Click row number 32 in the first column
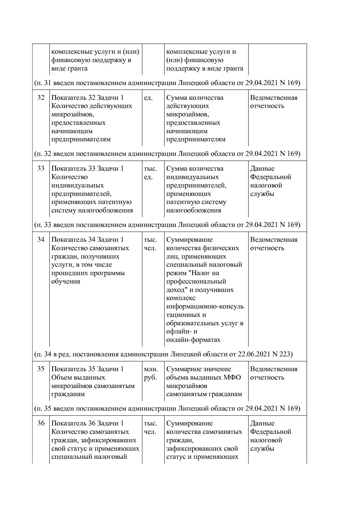coord(41,98)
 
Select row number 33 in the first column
coord(41,169)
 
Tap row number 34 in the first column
coord(41,240)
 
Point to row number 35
coord(41,369)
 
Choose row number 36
coord(41,423)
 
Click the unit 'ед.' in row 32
coord(148,98)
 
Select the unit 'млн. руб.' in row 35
coord(151,373)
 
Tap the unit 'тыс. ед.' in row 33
coord(150,173)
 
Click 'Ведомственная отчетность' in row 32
coord(273,102)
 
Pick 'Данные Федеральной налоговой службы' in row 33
coord(270,181)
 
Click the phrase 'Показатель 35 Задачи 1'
coord(87,369)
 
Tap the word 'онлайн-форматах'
coord(193,340)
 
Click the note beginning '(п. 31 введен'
coord(167,83)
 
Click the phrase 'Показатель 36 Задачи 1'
coord(87,423)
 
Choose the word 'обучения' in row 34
coord(66,281)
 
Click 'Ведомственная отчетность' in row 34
coord(273,244)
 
